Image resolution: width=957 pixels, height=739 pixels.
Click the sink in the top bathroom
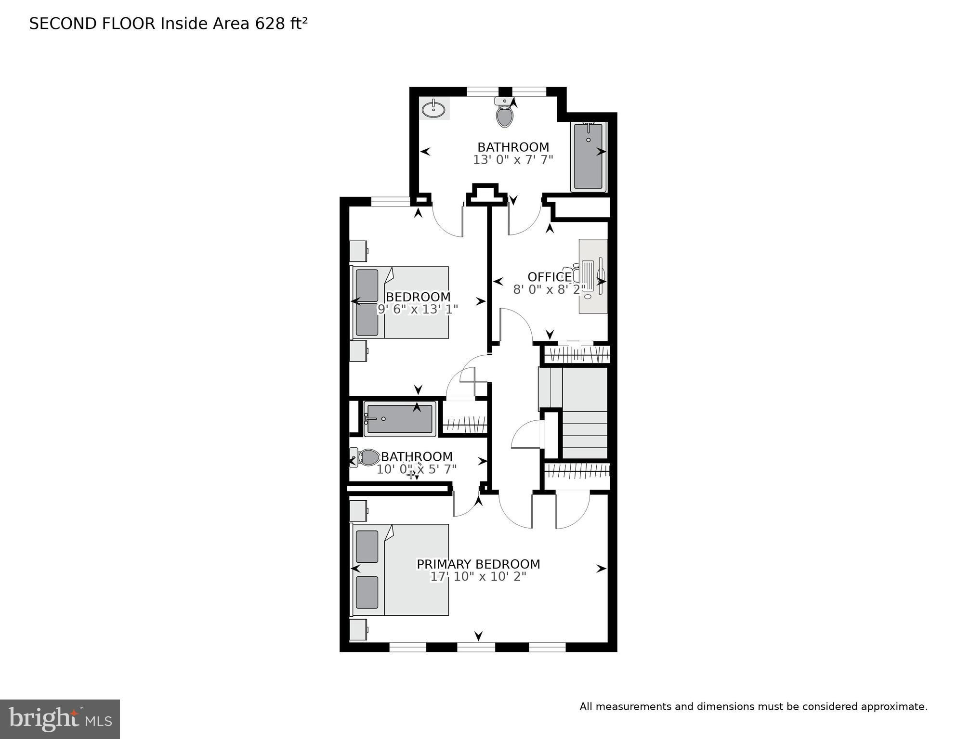(434, 108)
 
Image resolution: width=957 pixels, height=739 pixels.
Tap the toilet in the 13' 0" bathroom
(504, 112)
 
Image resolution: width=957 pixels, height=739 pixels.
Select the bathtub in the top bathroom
(589, 157)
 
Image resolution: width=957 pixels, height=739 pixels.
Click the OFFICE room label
(550, 277)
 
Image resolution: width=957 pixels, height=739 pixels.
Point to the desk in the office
(593, 276)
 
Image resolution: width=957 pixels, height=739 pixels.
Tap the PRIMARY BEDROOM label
(478, 564)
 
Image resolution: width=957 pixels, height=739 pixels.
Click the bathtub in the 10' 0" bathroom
(400, 419)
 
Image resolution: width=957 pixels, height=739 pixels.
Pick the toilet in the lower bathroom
(366, 457)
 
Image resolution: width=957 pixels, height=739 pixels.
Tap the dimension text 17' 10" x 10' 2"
(478, 577)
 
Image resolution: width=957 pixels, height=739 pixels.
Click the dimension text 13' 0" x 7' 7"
(513, 160)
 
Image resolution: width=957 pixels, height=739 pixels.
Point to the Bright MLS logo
(60, 719)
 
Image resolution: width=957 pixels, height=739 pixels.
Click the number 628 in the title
(271, 24)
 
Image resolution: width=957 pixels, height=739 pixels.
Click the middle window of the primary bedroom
(476, 647)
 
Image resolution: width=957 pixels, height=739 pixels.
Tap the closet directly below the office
(577, 354)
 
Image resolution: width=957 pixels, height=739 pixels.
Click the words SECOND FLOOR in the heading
(92, 24)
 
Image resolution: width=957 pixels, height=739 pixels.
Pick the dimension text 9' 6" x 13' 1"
(417, 309)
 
